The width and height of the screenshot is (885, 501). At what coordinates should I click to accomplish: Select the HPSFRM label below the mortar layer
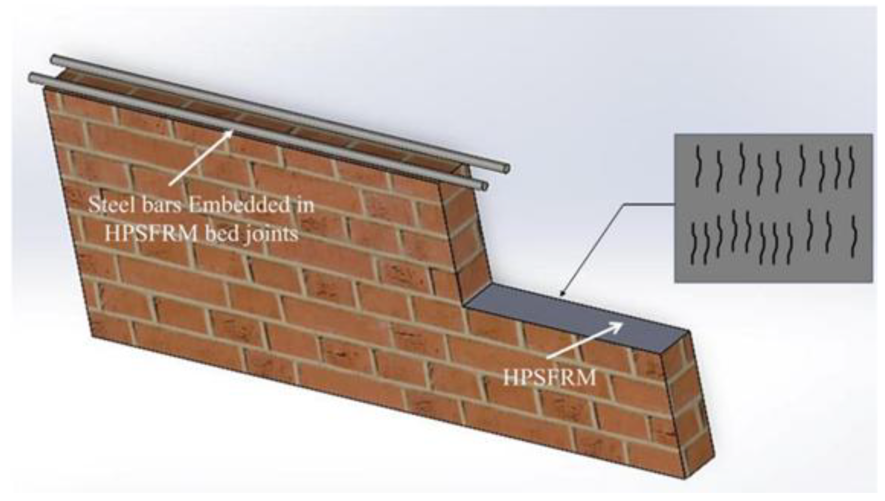click(x=549, y=378)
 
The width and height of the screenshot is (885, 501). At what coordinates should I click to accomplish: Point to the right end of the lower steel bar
click(x=484, y=186)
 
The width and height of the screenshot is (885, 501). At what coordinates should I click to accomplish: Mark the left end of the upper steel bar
click(x=54, y=59)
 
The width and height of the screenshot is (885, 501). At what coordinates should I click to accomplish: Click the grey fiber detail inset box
click(x=773, y=208)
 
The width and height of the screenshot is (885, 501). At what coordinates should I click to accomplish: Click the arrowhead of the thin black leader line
click(x=561, y=294)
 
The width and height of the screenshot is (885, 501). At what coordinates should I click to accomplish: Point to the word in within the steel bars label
click(x=305, y=205)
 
